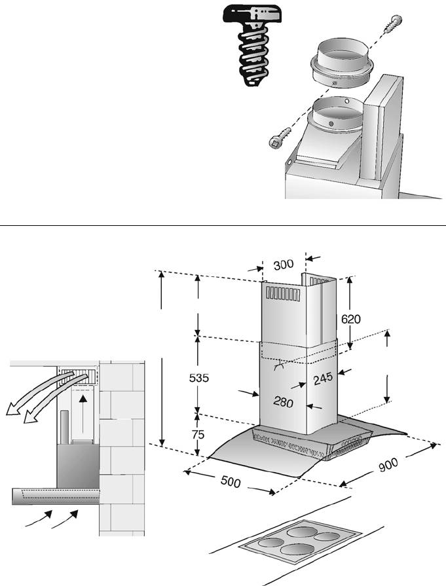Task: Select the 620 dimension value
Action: tap(350, 319)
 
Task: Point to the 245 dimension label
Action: tap(324, 377)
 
